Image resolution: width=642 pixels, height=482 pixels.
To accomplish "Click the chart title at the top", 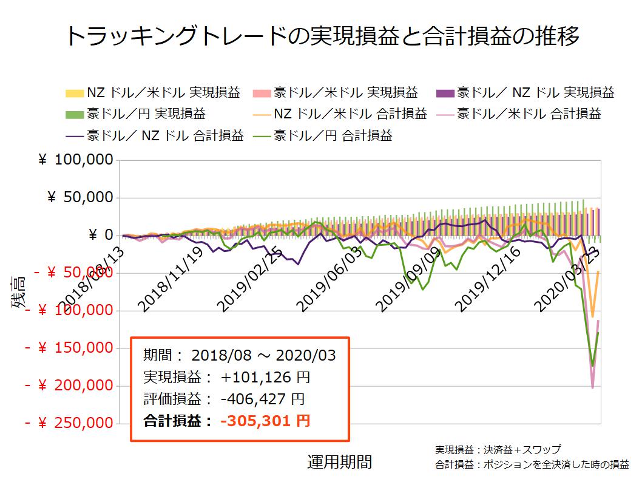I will tap(321, 36).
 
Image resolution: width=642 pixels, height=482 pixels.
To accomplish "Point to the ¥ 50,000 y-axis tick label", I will tap(80, 198).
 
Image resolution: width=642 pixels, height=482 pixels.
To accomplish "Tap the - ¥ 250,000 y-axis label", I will tap(69, 423).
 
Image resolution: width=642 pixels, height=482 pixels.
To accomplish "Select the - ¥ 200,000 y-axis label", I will tap(69, 385).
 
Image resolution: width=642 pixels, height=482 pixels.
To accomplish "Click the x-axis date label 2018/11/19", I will tap(171, 279).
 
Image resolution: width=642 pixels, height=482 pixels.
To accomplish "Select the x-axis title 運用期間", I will tap(339, 463).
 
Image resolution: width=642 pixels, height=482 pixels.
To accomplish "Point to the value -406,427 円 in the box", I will tap(263, 399).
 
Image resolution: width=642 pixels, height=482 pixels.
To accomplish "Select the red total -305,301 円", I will tap(266, 420).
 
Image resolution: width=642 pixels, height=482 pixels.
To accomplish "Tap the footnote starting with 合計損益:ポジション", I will tap(532, 465).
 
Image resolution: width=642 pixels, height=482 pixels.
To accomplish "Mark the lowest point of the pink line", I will tap(592, 387).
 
